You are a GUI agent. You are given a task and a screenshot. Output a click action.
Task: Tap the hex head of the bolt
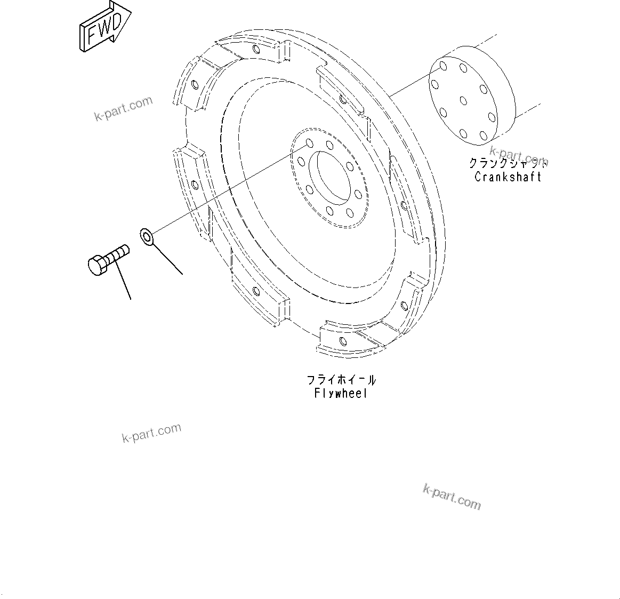[x=97, y=265]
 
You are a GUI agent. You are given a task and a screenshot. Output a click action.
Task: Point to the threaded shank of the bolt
[x=118, y=254]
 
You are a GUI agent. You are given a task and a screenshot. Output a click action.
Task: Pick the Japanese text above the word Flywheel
[x=341, y=380]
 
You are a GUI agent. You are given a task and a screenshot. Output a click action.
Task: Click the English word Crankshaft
[x=508, y=177]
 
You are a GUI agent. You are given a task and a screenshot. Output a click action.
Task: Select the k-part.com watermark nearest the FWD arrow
[x=123, y=109]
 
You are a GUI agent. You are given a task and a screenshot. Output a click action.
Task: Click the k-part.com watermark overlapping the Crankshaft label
[x=518, y=157]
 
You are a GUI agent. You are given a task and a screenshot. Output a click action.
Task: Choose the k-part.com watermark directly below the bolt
[x=151, y=433]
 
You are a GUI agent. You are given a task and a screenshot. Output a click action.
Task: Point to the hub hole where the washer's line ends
[x=309, y=145]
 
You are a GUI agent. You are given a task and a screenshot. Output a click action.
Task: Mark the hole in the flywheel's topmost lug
[x=257, y=50]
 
